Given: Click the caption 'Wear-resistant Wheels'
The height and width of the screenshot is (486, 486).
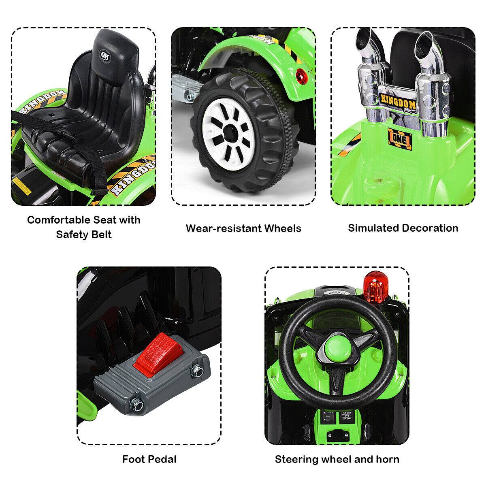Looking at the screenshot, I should click(243, 228).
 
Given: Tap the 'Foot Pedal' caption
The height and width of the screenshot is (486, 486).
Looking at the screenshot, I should click(149, 459).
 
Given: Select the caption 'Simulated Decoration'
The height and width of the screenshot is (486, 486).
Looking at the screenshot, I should click(403, 228).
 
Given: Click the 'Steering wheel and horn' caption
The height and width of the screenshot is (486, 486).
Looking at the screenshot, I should click(337, 459).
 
